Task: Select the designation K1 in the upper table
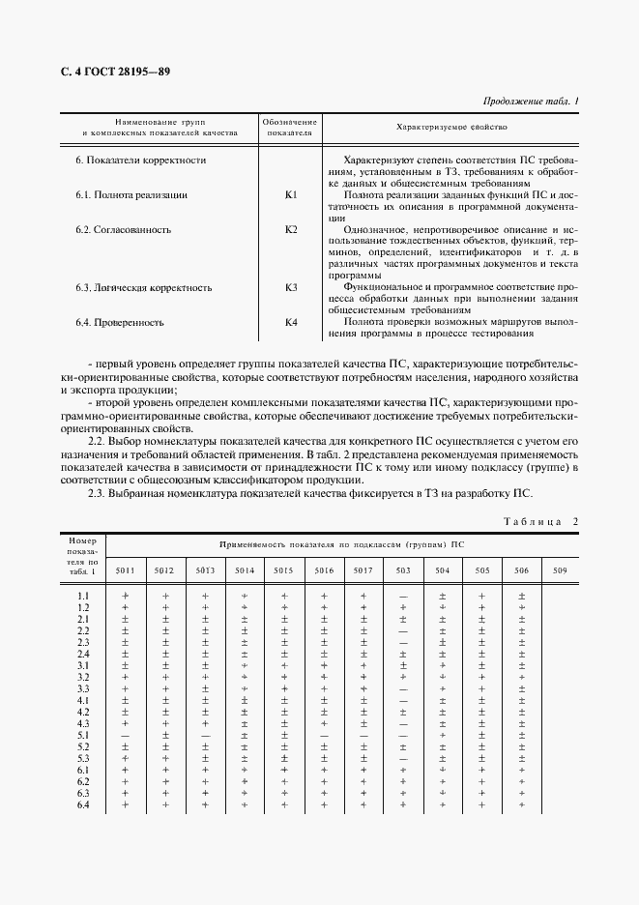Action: (x=291, y=195)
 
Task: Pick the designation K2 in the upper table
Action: (x=291, y=230)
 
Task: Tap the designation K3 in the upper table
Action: (x=291, y=288)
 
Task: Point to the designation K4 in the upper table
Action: (x=291, y=323)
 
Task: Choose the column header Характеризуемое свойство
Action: (x=452, y=127)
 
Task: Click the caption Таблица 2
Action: (x=540, y=522)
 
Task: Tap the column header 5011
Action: (x=126, y=570)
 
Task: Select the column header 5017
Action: (x=363, y=570)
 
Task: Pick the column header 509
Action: (x=561, y=570)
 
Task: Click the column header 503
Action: (x=403, y=570)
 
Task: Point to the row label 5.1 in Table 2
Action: (x=83, y=736)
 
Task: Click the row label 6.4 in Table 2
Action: (x=83, y=805)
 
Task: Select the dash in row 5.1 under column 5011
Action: (x=126, y=736)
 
